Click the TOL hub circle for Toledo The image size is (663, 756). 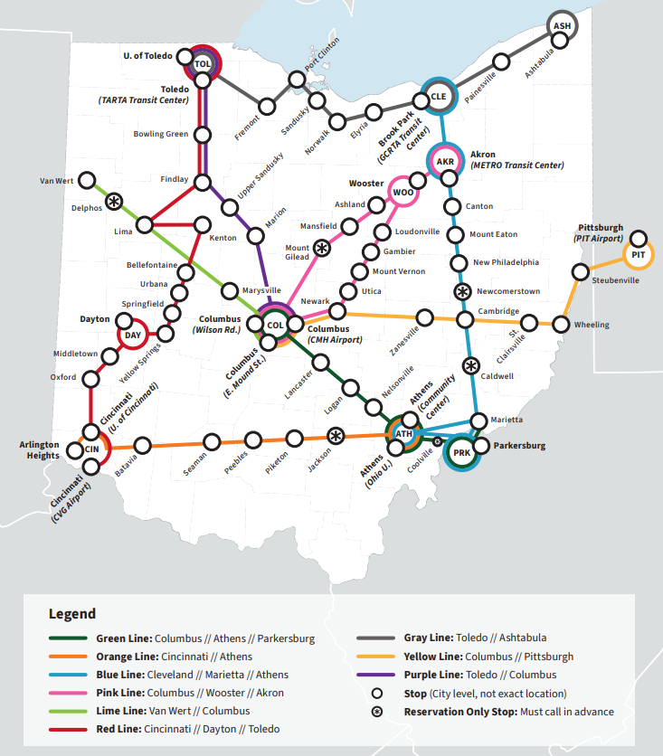pos(202,63)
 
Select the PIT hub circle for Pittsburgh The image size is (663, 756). pos(639,255)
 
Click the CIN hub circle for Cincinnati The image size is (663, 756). pos(92,448)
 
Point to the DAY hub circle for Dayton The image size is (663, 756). pos(133,335)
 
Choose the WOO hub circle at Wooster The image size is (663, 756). pos(403,192)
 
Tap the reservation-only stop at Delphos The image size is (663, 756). pos(114,201)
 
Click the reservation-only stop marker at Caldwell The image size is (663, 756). pos(470,366)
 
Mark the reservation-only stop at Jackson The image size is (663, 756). pos(335,436)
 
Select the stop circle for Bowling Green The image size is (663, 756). pos(203,135)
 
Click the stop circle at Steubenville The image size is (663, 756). pos(580,271)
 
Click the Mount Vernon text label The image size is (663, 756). pos(399,271)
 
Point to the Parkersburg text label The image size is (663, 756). pos(520,446)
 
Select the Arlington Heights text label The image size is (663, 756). pos(40,449)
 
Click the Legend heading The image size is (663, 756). pos(72,614)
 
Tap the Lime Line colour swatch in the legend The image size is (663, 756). pos(69,711)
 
